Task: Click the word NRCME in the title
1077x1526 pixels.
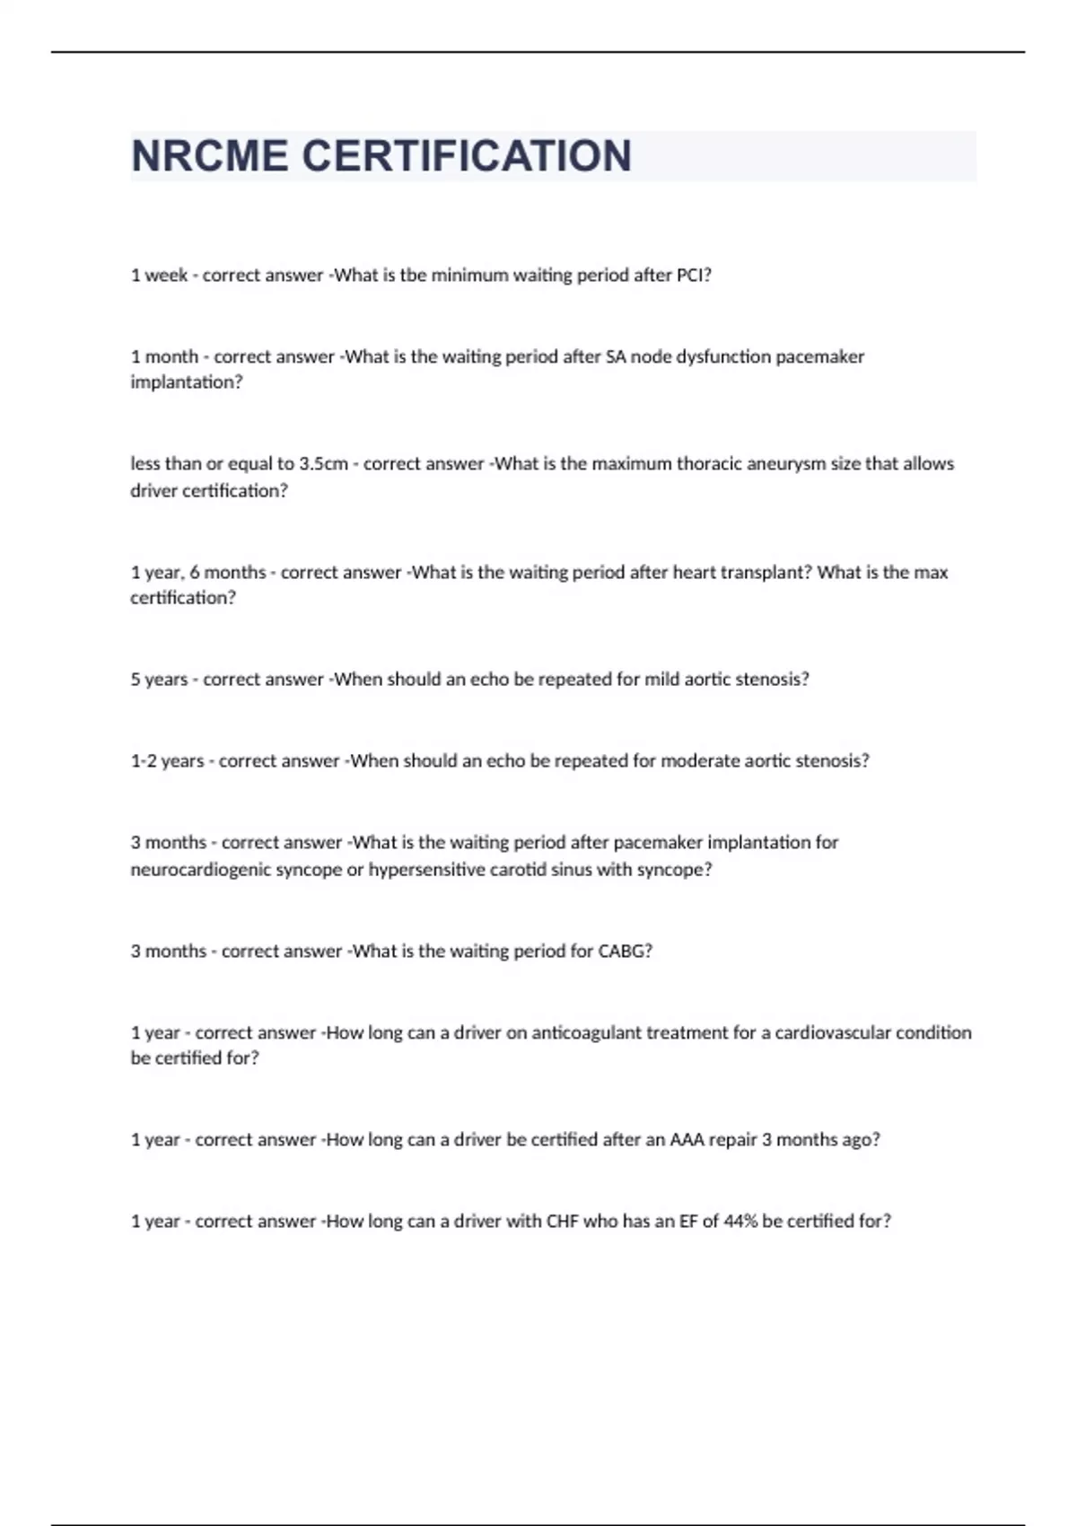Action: pyautogui.click(x=211, y=156)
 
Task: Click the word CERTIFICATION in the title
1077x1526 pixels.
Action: pyautogui.click(x=467, y=156)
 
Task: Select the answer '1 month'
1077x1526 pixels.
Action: pyautogui.click(x=164, y=356)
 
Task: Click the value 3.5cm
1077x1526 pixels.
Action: pyautogui.click(x=323, y=464)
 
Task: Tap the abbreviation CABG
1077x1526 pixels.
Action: pyautogui.click(x=624, y=952)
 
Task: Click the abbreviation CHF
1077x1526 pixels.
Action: pyautogui.click(x=563, y=1222)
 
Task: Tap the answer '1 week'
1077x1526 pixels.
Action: pyautogui.click(x=159, y=276)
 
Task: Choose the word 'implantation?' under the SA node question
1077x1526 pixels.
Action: pyautogui.click(x=187, y=382)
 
